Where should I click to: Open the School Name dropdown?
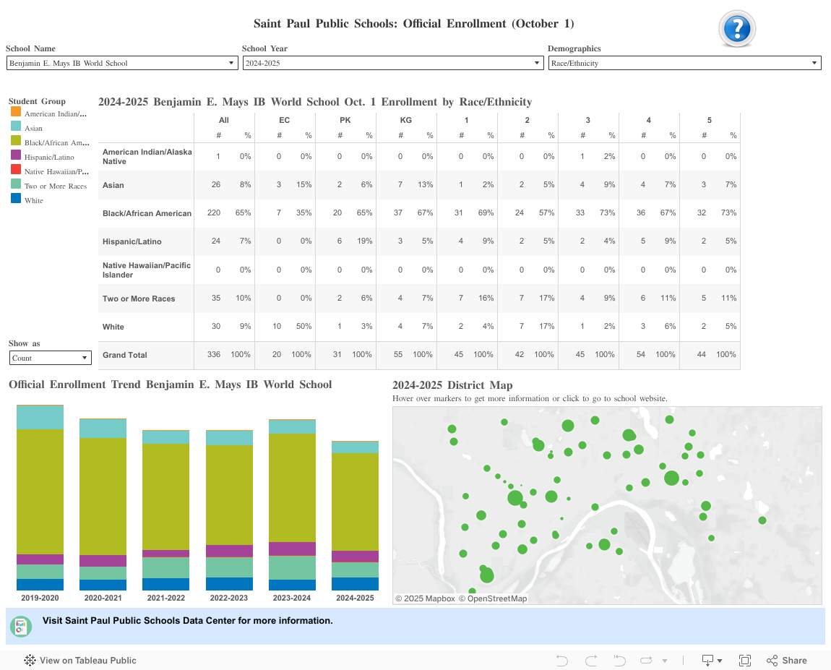pyautogui.click(x=121, y=64)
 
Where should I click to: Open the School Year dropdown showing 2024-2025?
pyautogui.click(x=392, y=64)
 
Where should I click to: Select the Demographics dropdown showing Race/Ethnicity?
pyautogui.click(x=684, y=64)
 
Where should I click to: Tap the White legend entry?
pyautogui.click(x=34, y=200)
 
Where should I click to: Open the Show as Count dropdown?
pyautogui.click(x=50, y=358)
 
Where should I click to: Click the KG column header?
pyautogui.click(x=406, y=120)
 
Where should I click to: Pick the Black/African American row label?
pyautogui.click(x=147, y=213)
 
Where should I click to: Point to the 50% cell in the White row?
pyautogui.click(x=304, y=327)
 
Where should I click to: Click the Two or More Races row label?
pyautogui.click(x=139, y=299)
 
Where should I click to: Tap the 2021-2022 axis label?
pyautogui.click(x=165, y=598)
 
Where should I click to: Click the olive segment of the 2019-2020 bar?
pyautogui.click(x=40, y=491)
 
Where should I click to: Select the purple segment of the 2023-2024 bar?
pyautogui.click(x=292, y=549)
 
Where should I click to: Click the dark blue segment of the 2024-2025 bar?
pyautogui.click(x=355, y=584)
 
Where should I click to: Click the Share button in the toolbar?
pyautogui.click(x=787, y=660)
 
